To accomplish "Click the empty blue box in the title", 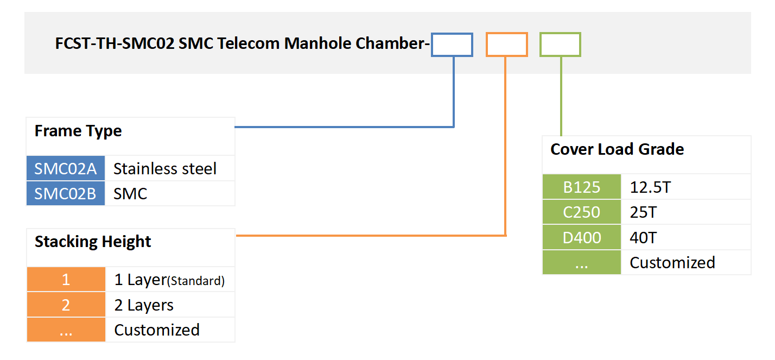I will (x=452, y=45).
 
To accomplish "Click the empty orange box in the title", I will (x=506, y=45).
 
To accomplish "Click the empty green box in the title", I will (x=560, y=45).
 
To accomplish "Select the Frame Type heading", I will (x=78, y=131).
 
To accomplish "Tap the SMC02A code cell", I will (x=66, y=169).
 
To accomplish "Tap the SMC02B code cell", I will (x=66, y=194).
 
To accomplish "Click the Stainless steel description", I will (x=165, y=169).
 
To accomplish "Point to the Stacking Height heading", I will (x=93, y=242).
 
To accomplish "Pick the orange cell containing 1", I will (x=66, y=280).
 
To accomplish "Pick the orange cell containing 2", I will (x=66, y=305).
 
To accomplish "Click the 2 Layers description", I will (x=144, y=305).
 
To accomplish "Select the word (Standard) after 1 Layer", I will (x=195, y=281).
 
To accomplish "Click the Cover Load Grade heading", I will (x=617, y=149).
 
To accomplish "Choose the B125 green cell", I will (x=582, y=187).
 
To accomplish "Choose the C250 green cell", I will (x=582, y=212).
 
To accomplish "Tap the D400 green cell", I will (x=582, y=238).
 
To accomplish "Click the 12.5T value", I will (x=650, y=187).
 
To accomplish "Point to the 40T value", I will (x=644, y=238).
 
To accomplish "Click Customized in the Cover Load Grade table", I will (x=672, y=263).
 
